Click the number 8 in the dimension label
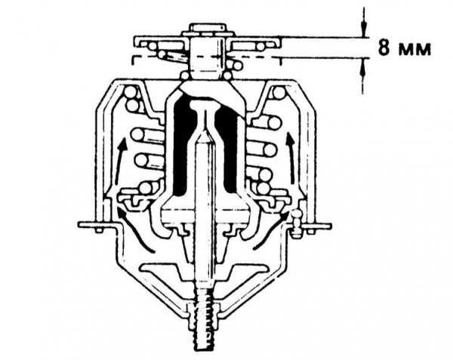point(384,48)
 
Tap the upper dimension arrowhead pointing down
point(364,29)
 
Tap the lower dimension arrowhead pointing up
point(363,66)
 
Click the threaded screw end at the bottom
point(205,322)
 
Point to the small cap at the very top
point(208,29)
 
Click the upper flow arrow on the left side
point(121,161)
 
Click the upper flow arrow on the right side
point(291,157)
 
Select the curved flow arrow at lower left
point(134,230)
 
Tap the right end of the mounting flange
point(329,226)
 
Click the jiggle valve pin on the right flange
point(296,223)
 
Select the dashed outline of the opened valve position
point(207,57)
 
